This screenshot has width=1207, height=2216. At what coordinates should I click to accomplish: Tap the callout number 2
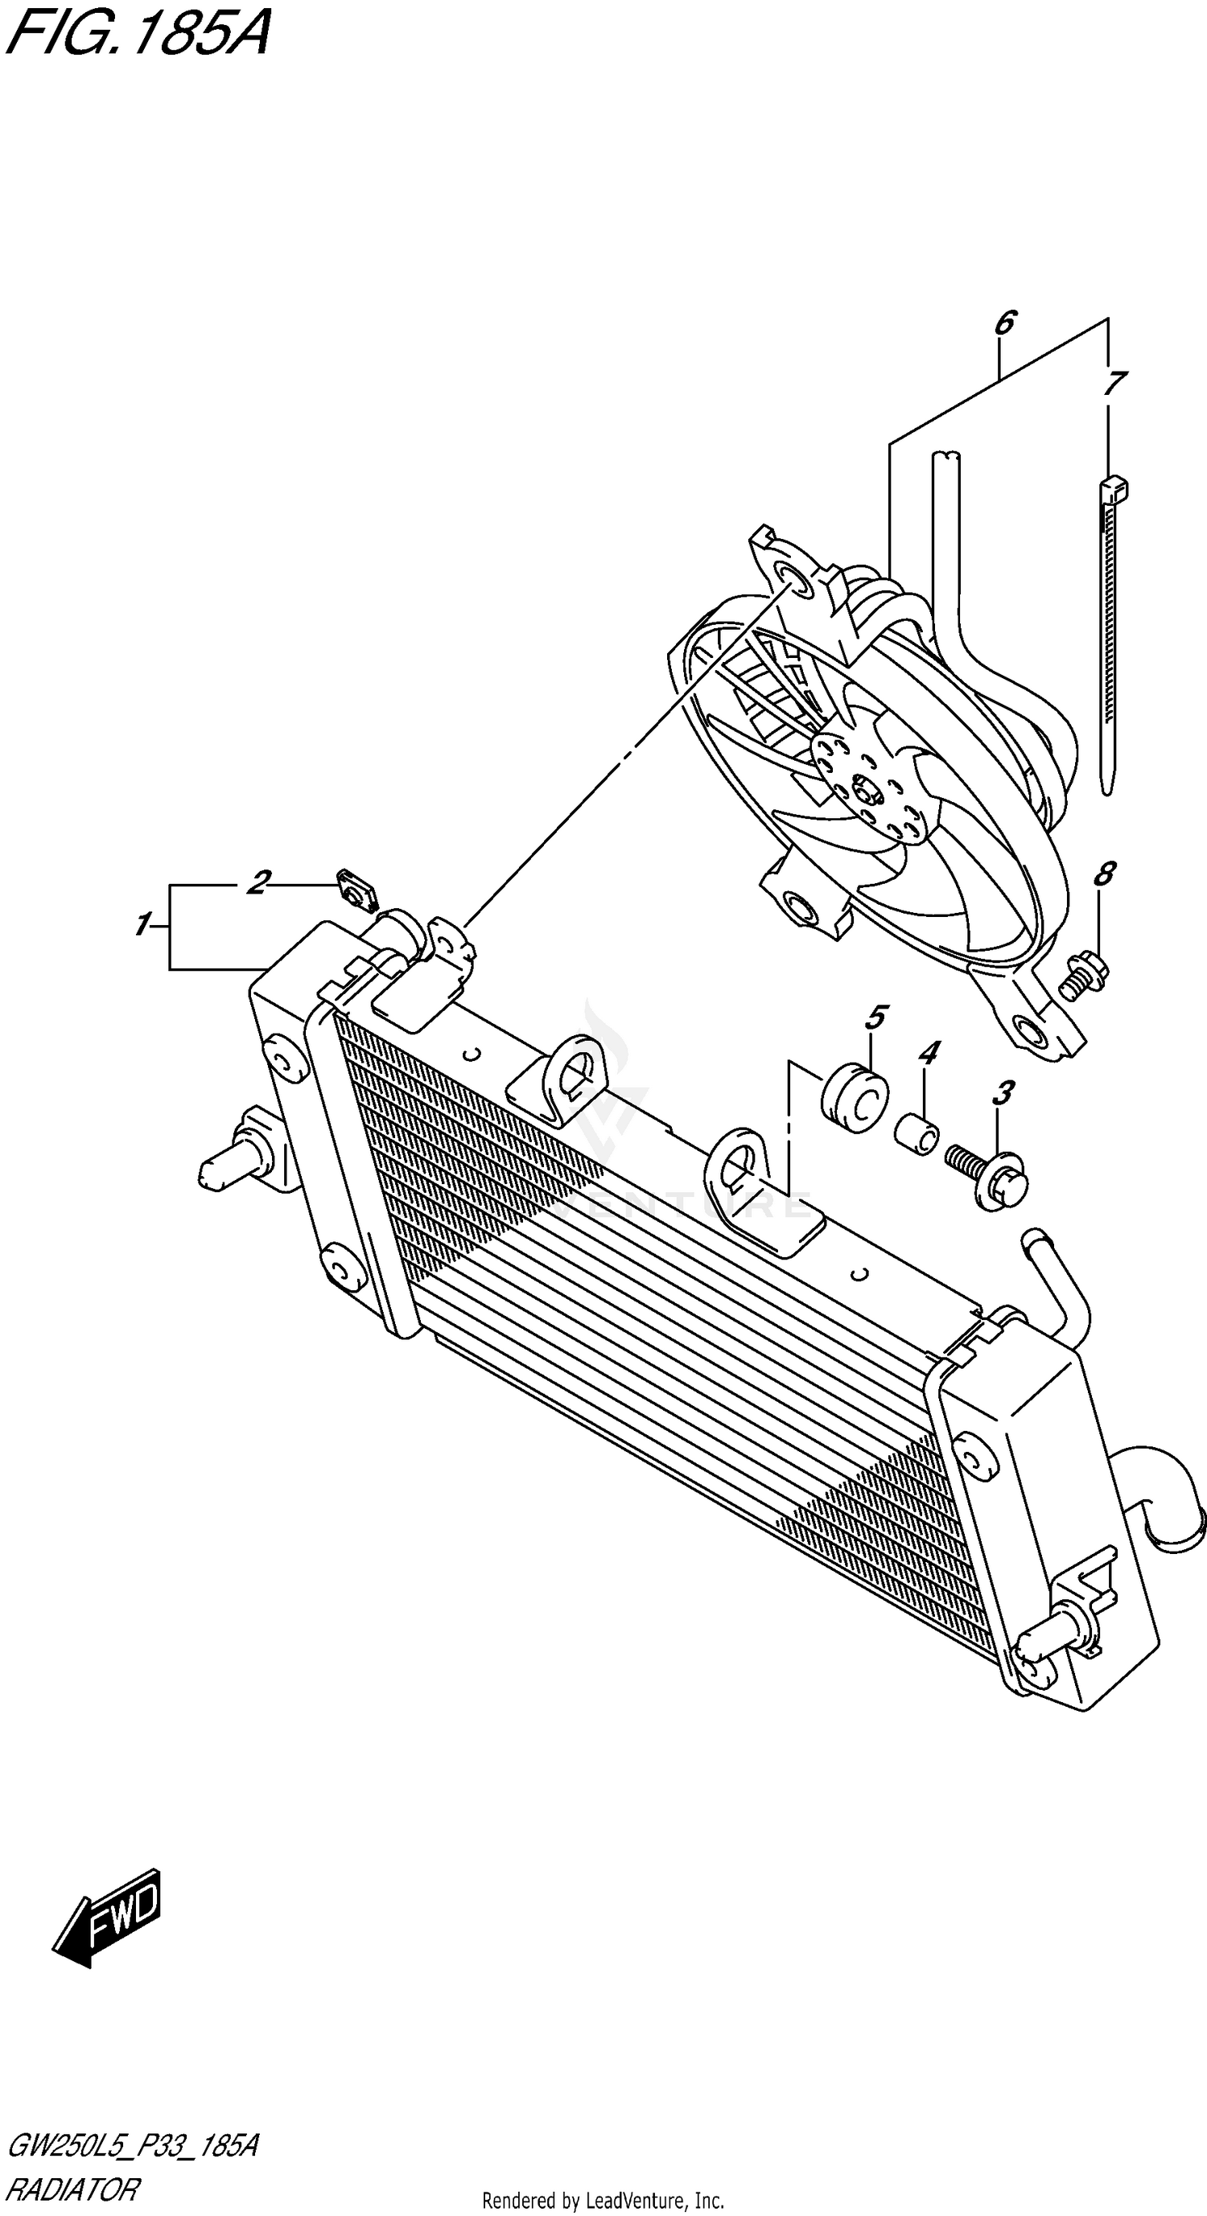point(257,882)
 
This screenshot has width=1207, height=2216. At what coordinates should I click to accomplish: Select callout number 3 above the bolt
point(1003,1093)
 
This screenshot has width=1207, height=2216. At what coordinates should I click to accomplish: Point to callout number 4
point(929,1053)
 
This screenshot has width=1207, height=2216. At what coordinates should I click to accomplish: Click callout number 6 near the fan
point(1004,323)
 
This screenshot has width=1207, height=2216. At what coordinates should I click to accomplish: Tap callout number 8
point(1104,874)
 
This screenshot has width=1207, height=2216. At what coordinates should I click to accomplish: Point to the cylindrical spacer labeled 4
point(917,1133)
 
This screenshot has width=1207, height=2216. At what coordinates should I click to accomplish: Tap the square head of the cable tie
point(1112,490)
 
